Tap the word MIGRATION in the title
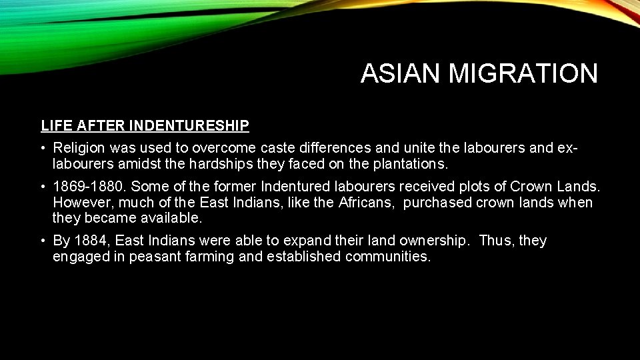(523, 73)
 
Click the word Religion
(81, 148)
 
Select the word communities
(388, 257)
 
